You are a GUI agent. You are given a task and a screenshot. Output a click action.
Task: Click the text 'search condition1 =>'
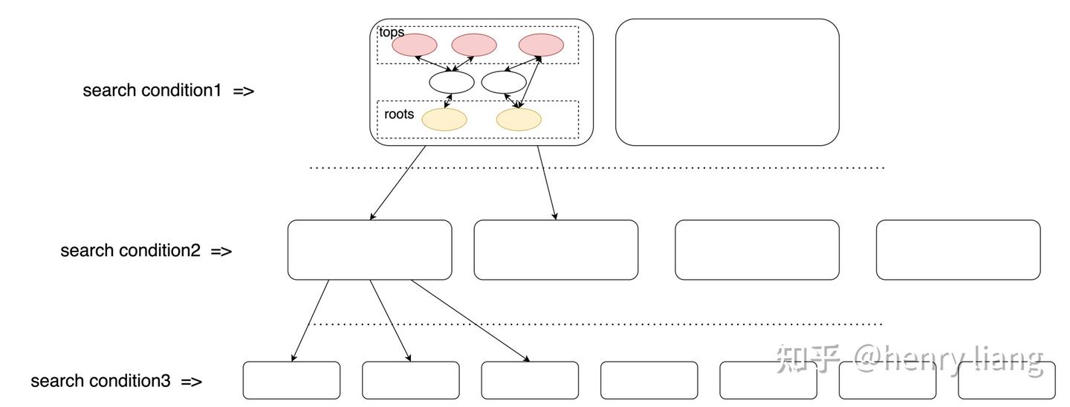168,91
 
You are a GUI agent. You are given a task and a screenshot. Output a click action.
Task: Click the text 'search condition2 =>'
146,251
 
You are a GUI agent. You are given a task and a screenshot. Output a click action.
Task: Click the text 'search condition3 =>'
116,381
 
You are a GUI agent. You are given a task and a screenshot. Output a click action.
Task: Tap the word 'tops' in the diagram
391,33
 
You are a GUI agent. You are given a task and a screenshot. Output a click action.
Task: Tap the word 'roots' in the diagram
399,115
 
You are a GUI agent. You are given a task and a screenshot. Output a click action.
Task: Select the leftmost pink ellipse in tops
414,45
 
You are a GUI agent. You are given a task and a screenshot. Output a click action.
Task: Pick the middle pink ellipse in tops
473,45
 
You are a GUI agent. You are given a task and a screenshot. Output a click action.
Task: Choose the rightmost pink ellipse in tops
541,45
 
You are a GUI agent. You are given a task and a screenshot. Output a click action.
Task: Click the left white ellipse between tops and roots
451,83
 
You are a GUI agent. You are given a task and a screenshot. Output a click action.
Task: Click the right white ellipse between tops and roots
504,83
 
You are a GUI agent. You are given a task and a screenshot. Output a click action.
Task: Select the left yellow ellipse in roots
444,120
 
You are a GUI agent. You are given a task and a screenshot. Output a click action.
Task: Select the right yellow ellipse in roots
519,120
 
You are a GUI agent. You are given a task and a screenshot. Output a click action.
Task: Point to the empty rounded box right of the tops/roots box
727,82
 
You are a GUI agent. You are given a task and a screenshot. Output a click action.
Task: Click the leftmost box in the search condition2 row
369,250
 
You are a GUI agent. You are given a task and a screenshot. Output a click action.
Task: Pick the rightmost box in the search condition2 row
958,250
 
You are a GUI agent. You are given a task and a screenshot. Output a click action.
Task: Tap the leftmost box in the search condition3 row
291,380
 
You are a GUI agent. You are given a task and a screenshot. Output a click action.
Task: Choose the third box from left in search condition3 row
529,380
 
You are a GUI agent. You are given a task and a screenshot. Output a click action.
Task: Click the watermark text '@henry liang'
948,359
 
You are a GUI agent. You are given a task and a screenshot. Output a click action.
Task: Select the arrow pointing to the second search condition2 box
547,182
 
